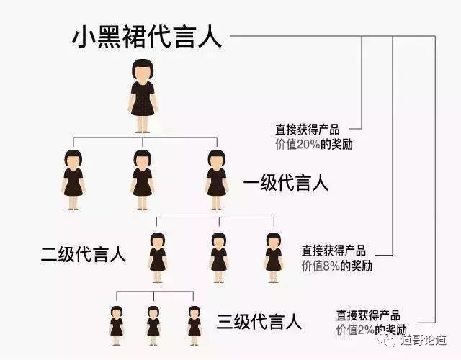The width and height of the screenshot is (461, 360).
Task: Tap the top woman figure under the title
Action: (x=142, y=97)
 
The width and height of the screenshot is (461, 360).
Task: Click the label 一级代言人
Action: (x=285, y=183)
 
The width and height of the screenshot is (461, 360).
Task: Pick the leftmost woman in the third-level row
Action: (x=117, y=321)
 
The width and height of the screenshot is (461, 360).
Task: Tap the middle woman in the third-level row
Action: (x=153, y=321)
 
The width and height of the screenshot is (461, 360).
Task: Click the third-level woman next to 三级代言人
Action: (x=193, y=321)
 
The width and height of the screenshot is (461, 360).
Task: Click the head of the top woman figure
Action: (x=142, y=71)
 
